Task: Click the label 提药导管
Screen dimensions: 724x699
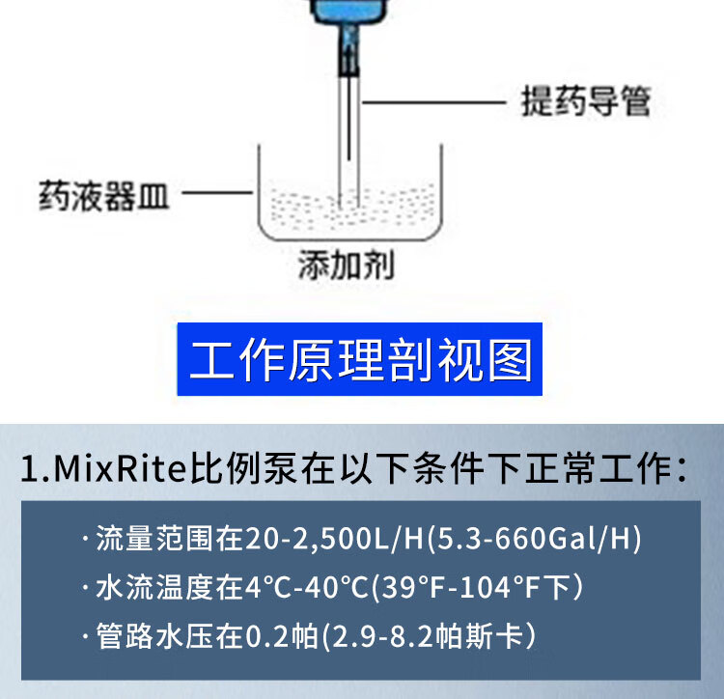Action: [586, 100]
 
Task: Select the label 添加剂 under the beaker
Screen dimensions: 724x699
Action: [346, 265]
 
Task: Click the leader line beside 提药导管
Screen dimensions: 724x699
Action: [434, 100]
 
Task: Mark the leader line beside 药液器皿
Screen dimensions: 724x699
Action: [217, 195]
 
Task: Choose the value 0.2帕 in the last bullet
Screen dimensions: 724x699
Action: [282, 636]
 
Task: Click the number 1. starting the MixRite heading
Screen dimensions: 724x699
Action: [34, 470]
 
